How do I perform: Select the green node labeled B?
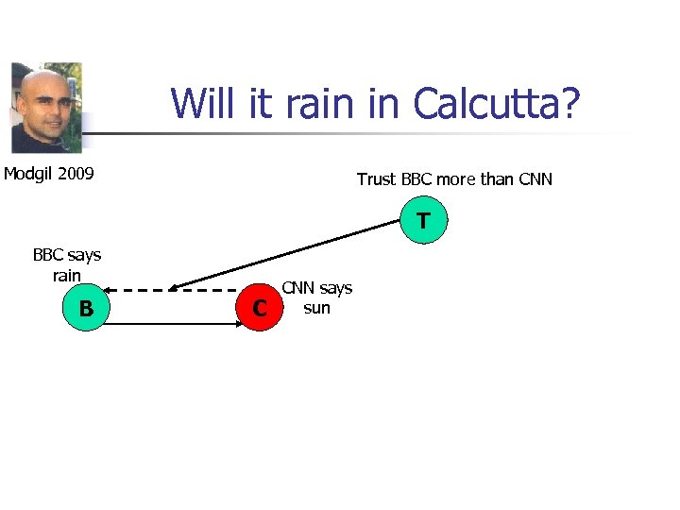point(86,308)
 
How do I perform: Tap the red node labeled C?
point(260,308)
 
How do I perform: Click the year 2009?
point(76,173)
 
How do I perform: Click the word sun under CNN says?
point(316,308)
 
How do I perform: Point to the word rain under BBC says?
point(67,275)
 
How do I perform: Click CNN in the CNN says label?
point(300,288)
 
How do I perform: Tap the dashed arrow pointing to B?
point(170,289)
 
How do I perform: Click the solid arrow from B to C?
point(170,323)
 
